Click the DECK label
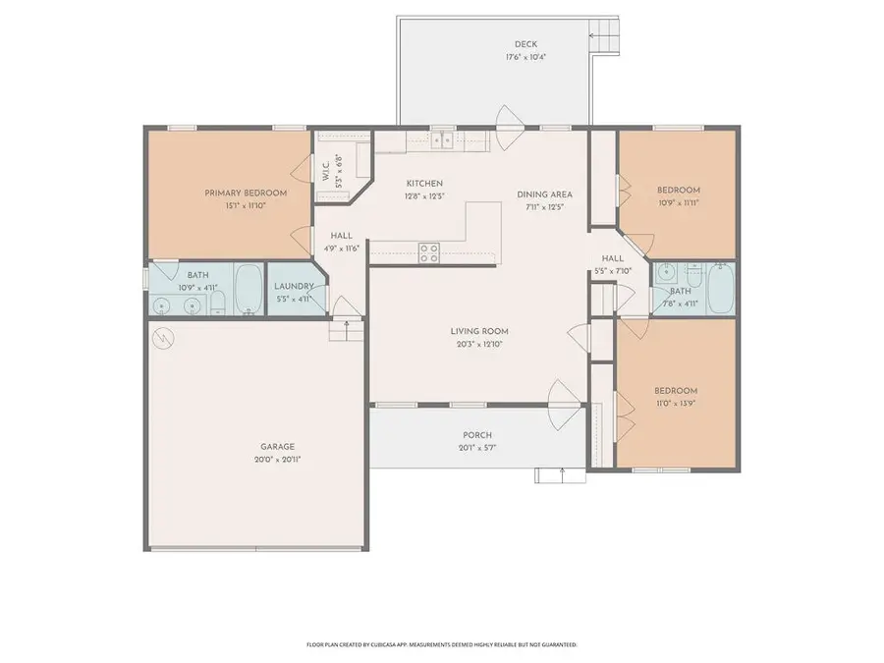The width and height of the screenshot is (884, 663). coord(525,44)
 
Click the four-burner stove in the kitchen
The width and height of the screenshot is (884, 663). coord(429,253)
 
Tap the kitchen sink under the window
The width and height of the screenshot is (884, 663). coord(444,140)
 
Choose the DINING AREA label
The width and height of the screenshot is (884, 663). coord(544,194)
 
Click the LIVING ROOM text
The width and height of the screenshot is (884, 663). coord(479,332)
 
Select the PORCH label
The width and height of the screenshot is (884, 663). coord(477,435)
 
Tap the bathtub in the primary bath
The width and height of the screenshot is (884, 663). coord(249,289)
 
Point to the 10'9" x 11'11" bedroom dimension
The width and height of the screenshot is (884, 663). coord(678,202)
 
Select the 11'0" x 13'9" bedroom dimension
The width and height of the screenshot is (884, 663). coord(677,403)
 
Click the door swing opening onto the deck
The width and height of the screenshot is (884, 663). coord(509,120)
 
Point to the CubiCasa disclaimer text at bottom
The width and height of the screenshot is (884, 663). coord(442,644)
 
